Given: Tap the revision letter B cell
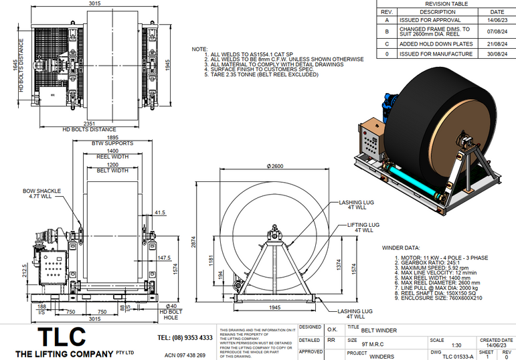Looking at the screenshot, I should click(386, 31).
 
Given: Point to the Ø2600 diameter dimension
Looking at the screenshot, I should click(275, 166).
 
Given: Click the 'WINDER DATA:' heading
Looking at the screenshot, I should click(402, 248).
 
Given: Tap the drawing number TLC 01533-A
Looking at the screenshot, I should click(458, 356).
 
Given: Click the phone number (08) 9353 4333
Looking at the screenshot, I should click(185, 337).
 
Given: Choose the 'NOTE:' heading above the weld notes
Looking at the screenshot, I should click(199, 50).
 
